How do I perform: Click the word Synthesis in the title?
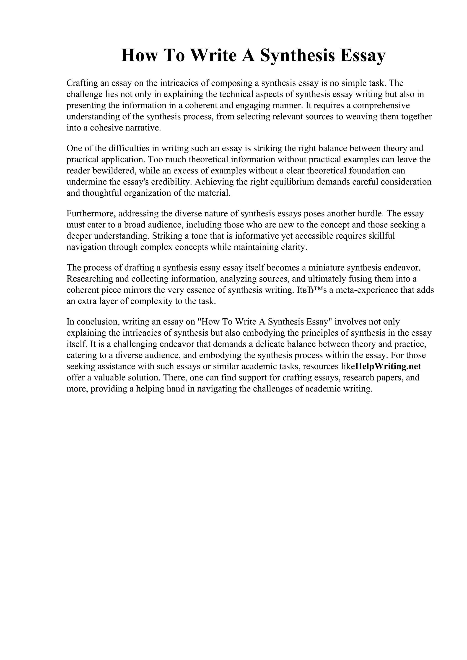tap(298, 56)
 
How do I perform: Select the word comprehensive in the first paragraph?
tap(381, 105)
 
